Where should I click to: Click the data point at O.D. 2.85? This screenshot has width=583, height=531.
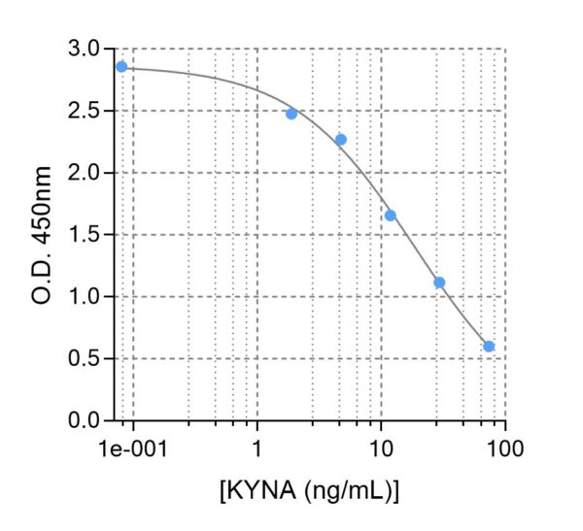pos(121,67)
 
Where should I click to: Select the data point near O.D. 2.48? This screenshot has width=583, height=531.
pos(291,114)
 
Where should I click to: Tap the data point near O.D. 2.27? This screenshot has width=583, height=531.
pos(341,140)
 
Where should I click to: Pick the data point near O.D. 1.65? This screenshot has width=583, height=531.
pos(391,216)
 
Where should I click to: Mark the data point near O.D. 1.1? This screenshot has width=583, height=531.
pos(439,282)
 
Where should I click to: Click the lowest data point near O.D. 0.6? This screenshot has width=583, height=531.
pos(489,347)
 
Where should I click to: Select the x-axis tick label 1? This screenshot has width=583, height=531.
pos(257,449)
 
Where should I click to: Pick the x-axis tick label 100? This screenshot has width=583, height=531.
pos(505,449)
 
